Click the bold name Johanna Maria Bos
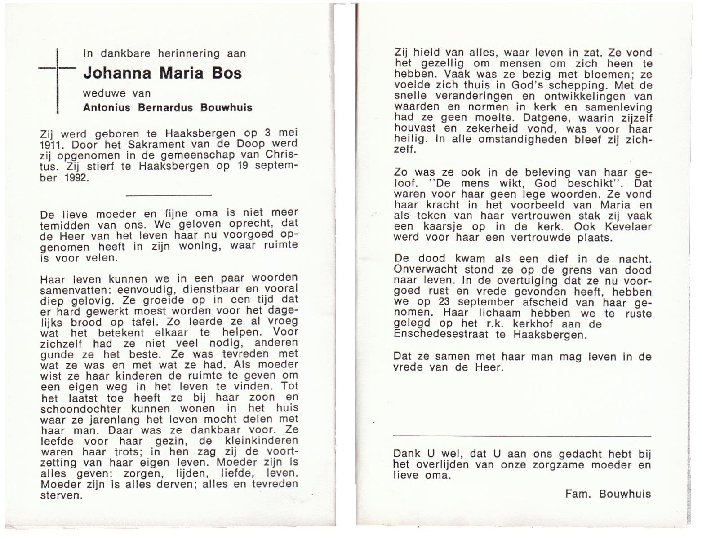coord(163,73)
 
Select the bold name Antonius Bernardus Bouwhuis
coord(168,108)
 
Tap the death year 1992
coord(76,177)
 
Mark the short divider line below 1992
coord(169,195)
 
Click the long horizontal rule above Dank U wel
coord(522,436)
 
